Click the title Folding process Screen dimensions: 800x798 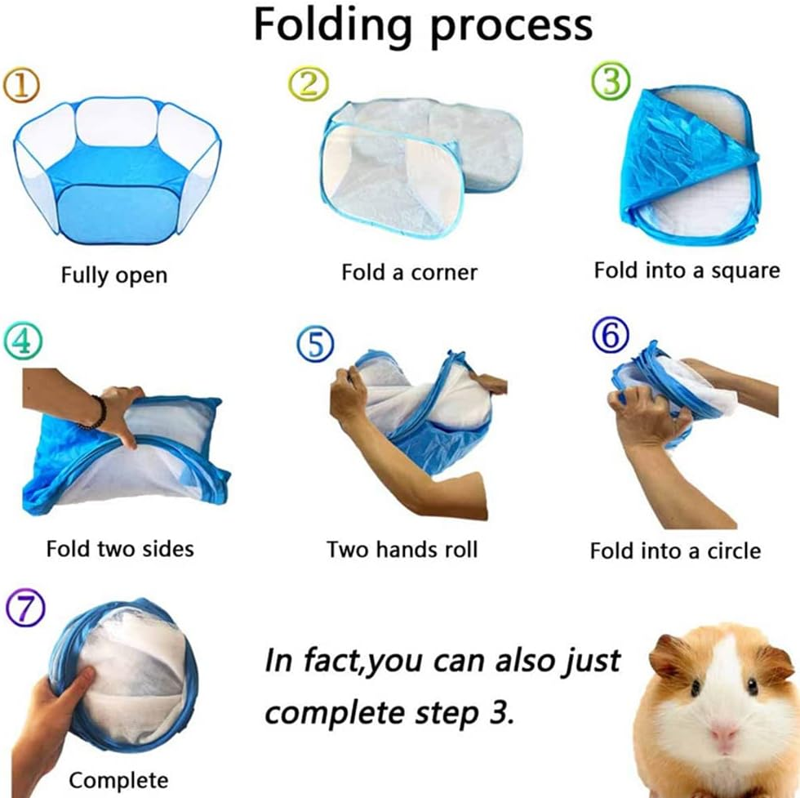coord(423,25)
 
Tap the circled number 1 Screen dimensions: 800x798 coord(21,85)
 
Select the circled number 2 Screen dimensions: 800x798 coord(309,83)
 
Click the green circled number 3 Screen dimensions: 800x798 coord(611,82)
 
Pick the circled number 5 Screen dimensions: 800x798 coord(315,345)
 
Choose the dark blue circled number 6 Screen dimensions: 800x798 coord(611,336)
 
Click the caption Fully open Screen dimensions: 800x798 coord(114,275)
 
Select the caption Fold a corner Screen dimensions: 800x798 coord(409,272)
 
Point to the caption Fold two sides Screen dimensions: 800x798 coord(120,549)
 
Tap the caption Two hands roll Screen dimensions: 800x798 coord(402,550)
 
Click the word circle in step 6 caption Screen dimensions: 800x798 coord(734,551)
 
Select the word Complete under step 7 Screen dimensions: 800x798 coord(118,780)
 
